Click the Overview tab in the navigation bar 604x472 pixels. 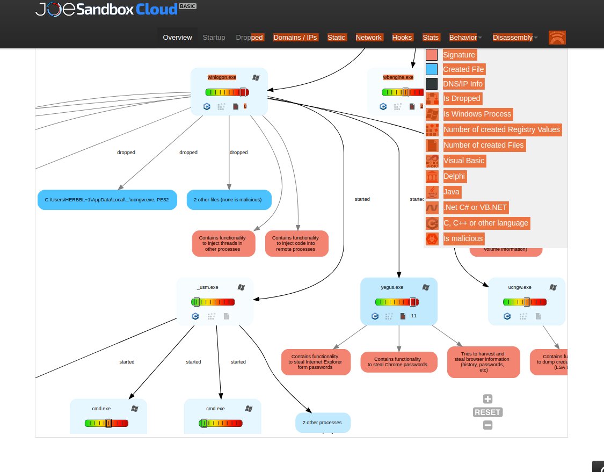point(177,38)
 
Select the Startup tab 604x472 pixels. point(214,38)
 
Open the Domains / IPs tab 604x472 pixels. point(295,38)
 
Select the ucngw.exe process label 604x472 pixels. point(519,287)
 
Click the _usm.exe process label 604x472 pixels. point(207,287)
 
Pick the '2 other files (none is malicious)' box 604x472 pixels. point(229,200)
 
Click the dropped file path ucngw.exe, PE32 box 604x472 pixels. point(107,200)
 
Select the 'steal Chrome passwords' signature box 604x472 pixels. point(399,362)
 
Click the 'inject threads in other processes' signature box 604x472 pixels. point(222,243)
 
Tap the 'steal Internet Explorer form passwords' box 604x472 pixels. point(316,362)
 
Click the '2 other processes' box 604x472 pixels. point(323,423)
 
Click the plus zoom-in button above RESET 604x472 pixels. point(487,399)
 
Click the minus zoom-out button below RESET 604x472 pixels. point(487,425)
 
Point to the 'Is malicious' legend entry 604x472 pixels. point(463,238)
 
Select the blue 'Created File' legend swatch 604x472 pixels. point(432,69)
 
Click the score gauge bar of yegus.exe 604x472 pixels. point(399,302)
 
